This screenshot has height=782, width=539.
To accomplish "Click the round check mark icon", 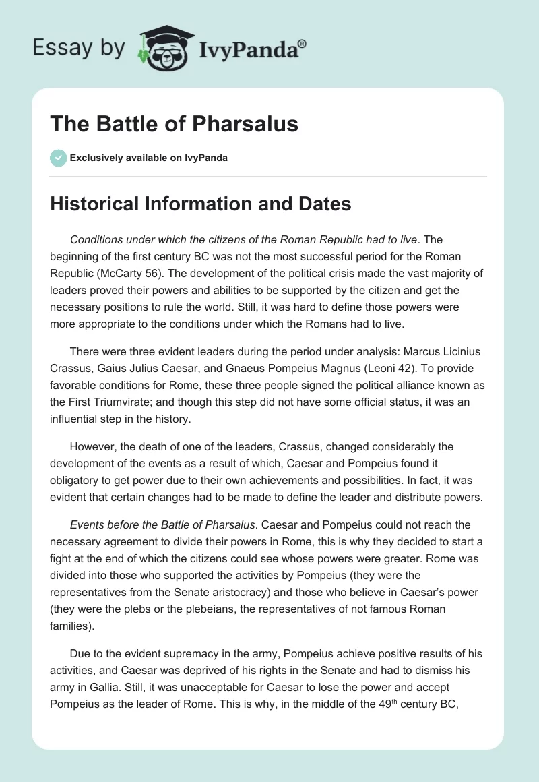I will tap(59, 158).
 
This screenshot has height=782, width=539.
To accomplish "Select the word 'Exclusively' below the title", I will tap(94, 158).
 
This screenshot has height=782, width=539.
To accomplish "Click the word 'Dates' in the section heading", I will tap(322, 204).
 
